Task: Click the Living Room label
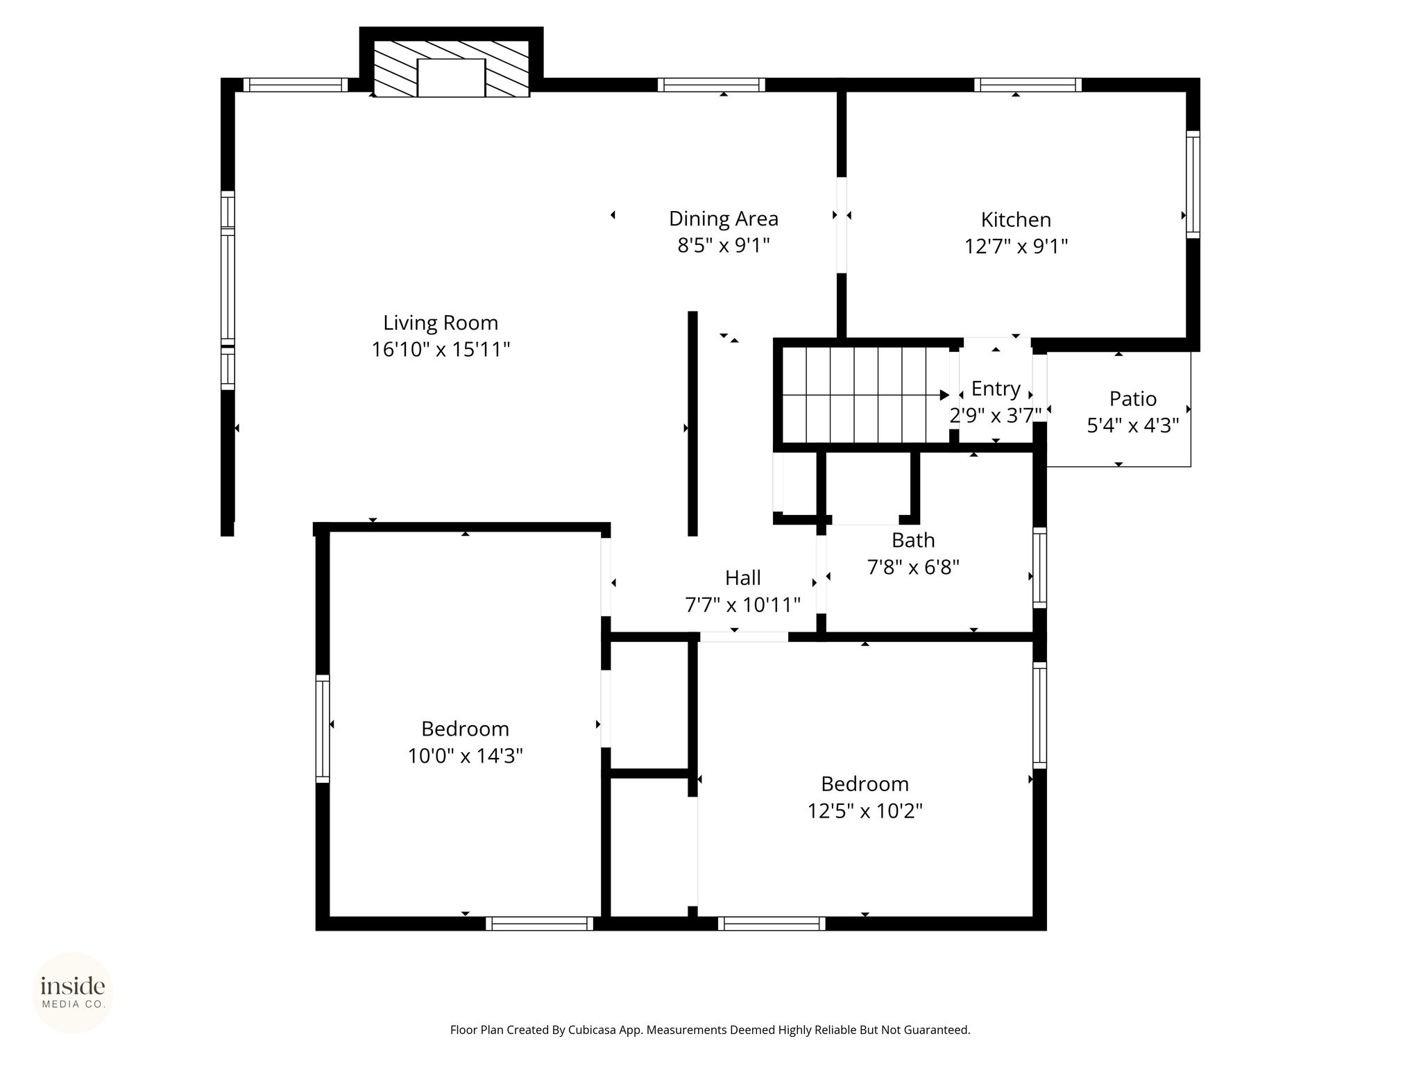[441, 323]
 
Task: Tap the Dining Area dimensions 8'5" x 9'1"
[724, 246]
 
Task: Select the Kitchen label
[1016, 220]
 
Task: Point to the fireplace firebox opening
[451, 78]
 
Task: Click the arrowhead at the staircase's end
[945, 395]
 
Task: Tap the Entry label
[996, 389]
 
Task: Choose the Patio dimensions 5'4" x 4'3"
[1133, 425]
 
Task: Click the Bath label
[913, 540]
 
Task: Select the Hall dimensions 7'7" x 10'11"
[743, 605]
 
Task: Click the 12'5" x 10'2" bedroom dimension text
[865, 811]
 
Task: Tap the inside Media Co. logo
[73, 993]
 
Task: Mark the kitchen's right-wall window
[1193, 185]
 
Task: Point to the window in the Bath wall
[1039, 568]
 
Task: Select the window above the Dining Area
[711, 85]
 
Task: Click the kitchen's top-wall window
[1028, 85]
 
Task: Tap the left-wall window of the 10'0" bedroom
[323, 729]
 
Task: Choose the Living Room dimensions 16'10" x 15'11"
[441, 350]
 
